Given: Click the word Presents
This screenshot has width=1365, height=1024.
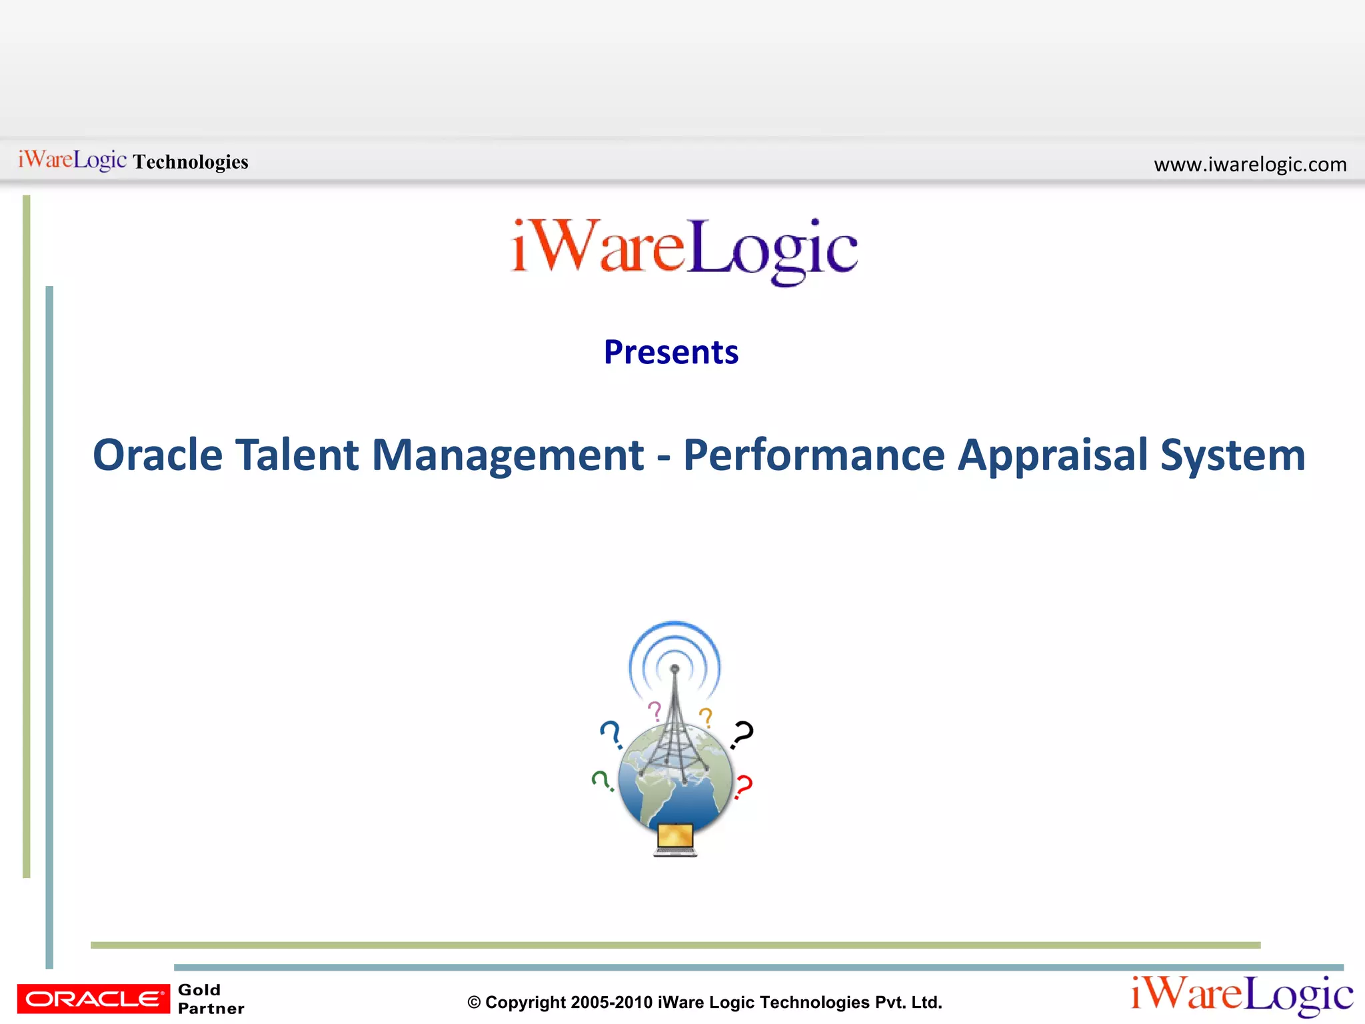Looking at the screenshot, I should pos(671,352).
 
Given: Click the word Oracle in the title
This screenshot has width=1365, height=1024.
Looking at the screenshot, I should pos(157,455).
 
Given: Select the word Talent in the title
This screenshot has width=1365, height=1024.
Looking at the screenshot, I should pos(297,455).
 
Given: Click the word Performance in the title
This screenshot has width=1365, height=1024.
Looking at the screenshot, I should pos(814,455).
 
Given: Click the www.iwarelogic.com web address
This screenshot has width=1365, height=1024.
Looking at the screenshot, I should pos(1250,164).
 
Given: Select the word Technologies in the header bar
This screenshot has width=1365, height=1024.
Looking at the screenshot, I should pos(191,162).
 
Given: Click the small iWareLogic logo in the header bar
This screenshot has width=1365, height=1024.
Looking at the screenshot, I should pos(72,160).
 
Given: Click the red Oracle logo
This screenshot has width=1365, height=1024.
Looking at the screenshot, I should pos(93,999).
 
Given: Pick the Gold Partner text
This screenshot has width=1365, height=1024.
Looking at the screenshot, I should pos(211,999).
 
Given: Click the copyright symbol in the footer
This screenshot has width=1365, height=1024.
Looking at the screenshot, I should pos(474,1003).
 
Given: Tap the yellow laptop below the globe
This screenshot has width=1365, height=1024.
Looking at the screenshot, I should pos(675,839).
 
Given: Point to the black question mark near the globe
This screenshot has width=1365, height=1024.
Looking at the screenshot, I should pos(742,733).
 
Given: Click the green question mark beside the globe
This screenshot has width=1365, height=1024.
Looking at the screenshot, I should pos(602,780).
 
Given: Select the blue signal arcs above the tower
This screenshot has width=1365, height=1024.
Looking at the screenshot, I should pos(675,647).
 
